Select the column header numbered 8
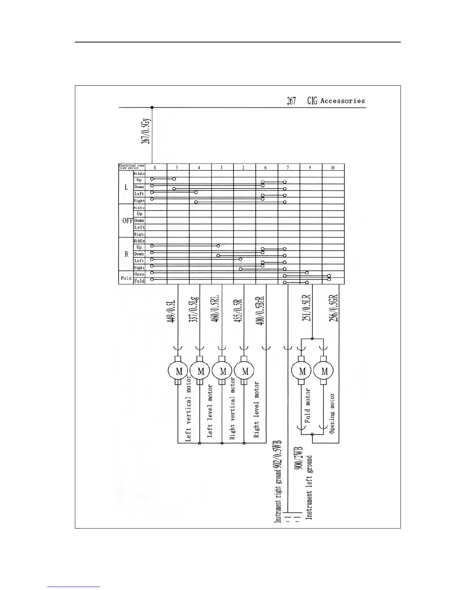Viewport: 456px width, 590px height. pyautogui.click(x=155, y=168)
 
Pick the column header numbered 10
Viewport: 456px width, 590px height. pyautogui.click(x=333, y=168)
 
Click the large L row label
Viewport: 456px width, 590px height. pyautogui.click(x=126, y=187)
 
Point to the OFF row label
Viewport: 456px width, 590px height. pyautogui.click(x=127, y=221)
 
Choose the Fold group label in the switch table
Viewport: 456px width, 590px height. pyautogui.click(x=126, y=278)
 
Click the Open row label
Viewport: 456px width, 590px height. pyautogui.click(x=139, y=275)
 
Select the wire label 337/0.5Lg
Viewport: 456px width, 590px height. pyautogui.click(x=195, y=309)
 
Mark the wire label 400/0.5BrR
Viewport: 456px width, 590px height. pyautogui.click(x=261, y=311)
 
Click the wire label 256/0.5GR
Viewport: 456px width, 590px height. pyautogui.click(x=334, y=308)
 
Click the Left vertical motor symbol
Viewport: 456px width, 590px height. pyautogui.click(x=178, y=371)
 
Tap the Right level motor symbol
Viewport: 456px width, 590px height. pyautogui.click(x=245, y=371)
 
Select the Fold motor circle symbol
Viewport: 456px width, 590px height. pyautogui.click(x=302, y=371)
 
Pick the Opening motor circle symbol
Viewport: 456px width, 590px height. pyautogui.click(x=324, y=371)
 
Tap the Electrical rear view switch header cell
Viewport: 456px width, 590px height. pyautogui.click(x=132, y=167)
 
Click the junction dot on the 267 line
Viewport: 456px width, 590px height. pyautogui.click(x=152, y=108)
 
